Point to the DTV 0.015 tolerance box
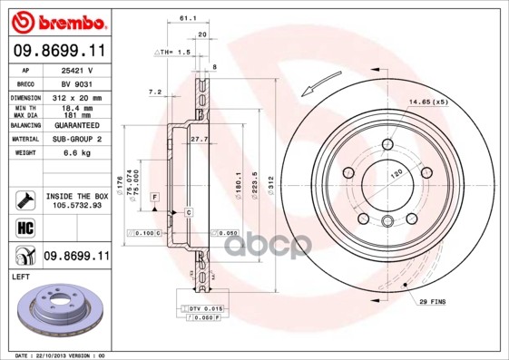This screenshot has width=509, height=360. click(x=206, y=309)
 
